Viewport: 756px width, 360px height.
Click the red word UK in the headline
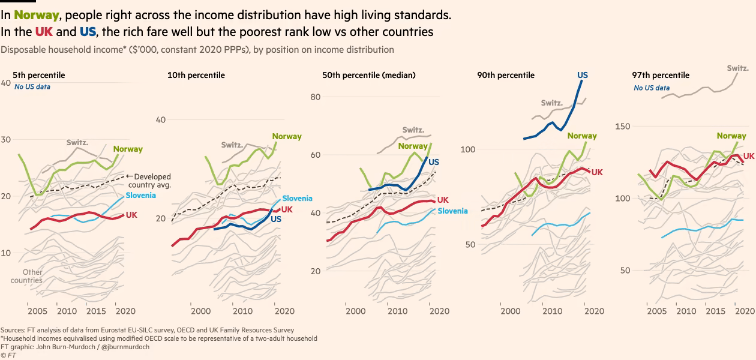[x=44, y=31]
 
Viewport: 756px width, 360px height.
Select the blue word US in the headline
[x=88, y=31]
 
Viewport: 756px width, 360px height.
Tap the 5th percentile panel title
[x=39, y=75]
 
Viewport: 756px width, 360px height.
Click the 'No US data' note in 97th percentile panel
[x=652, y=88]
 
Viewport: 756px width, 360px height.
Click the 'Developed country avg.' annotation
[x=152, y=181]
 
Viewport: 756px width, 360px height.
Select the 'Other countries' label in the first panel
[x=27, y=276]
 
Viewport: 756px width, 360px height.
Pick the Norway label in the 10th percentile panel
[x=287, y=136]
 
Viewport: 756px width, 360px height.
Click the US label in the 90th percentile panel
[x=583, y=75]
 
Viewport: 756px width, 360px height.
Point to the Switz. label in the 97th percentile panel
[x=737, y=68]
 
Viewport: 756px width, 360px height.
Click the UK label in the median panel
[x=443, y=200]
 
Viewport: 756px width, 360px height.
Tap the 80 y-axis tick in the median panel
[x=316, y=97]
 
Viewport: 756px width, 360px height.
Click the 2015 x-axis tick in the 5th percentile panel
[x=95, y=311]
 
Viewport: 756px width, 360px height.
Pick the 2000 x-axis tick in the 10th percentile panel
[x=200, y=311]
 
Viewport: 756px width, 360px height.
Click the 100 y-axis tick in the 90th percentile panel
[x=468, y=149]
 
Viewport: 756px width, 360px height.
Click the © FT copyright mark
[x=8, y=355]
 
